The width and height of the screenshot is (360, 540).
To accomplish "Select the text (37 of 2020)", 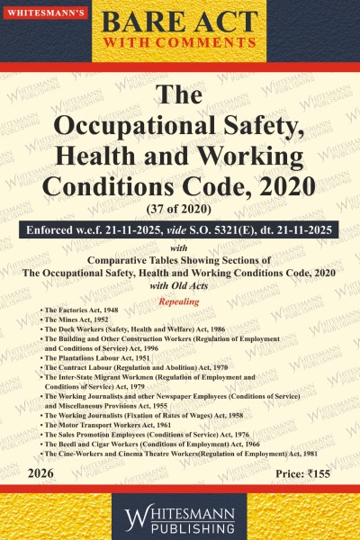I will pyautogui.click(x=180, y=211).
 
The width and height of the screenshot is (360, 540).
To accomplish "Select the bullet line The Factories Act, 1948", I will pyautogui.click(x=85, y=309).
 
